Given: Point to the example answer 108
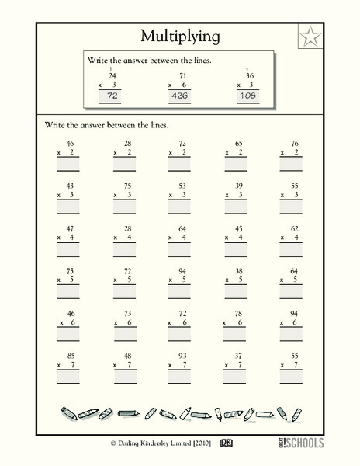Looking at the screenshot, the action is tap(248, 96).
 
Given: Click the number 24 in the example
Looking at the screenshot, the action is tap(112, 75).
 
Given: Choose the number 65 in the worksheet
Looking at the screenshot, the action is tap(238, 144).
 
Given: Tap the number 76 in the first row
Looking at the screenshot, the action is tap(294, 144).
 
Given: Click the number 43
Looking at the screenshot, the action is tap(71, 186).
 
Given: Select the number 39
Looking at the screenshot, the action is tap(238, 186).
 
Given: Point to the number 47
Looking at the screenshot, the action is tap(71, 228).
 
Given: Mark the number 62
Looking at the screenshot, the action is tap(294, 228).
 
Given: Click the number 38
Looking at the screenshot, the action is tap(238, 270).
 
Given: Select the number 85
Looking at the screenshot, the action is tap(71, 355).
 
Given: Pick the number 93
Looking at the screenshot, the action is tap(182, 355).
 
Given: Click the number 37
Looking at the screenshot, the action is tap(238, 355).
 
